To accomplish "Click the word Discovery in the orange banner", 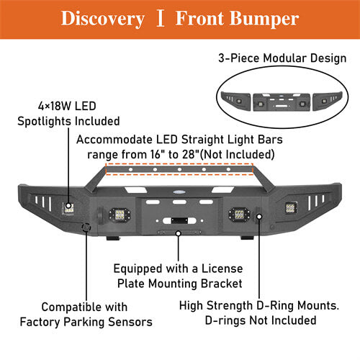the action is tap(103, 19).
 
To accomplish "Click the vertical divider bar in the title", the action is tap(160, 18).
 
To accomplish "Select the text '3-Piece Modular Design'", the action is tap(282, 58).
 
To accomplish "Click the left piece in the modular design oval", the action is tap(236, 100).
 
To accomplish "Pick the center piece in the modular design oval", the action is tap(282, 102).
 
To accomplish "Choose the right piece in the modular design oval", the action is tap(328, 100).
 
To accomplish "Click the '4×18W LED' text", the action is tap(67, 106).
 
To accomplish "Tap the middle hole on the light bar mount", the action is tap(179, 169).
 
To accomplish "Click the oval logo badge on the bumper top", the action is tap(179, 192).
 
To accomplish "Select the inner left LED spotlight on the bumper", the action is tap(120, 215).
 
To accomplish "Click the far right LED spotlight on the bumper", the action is tap(291, 208).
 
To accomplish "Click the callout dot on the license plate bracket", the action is tap(179, 233).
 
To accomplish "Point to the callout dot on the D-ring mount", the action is tap(259, 217).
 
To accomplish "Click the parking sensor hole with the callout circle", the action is tap(86, 227).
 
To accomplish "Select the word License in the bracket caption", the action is tap(222, 269).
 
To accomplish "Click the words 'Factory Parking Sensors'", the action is tap(86, 322).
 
